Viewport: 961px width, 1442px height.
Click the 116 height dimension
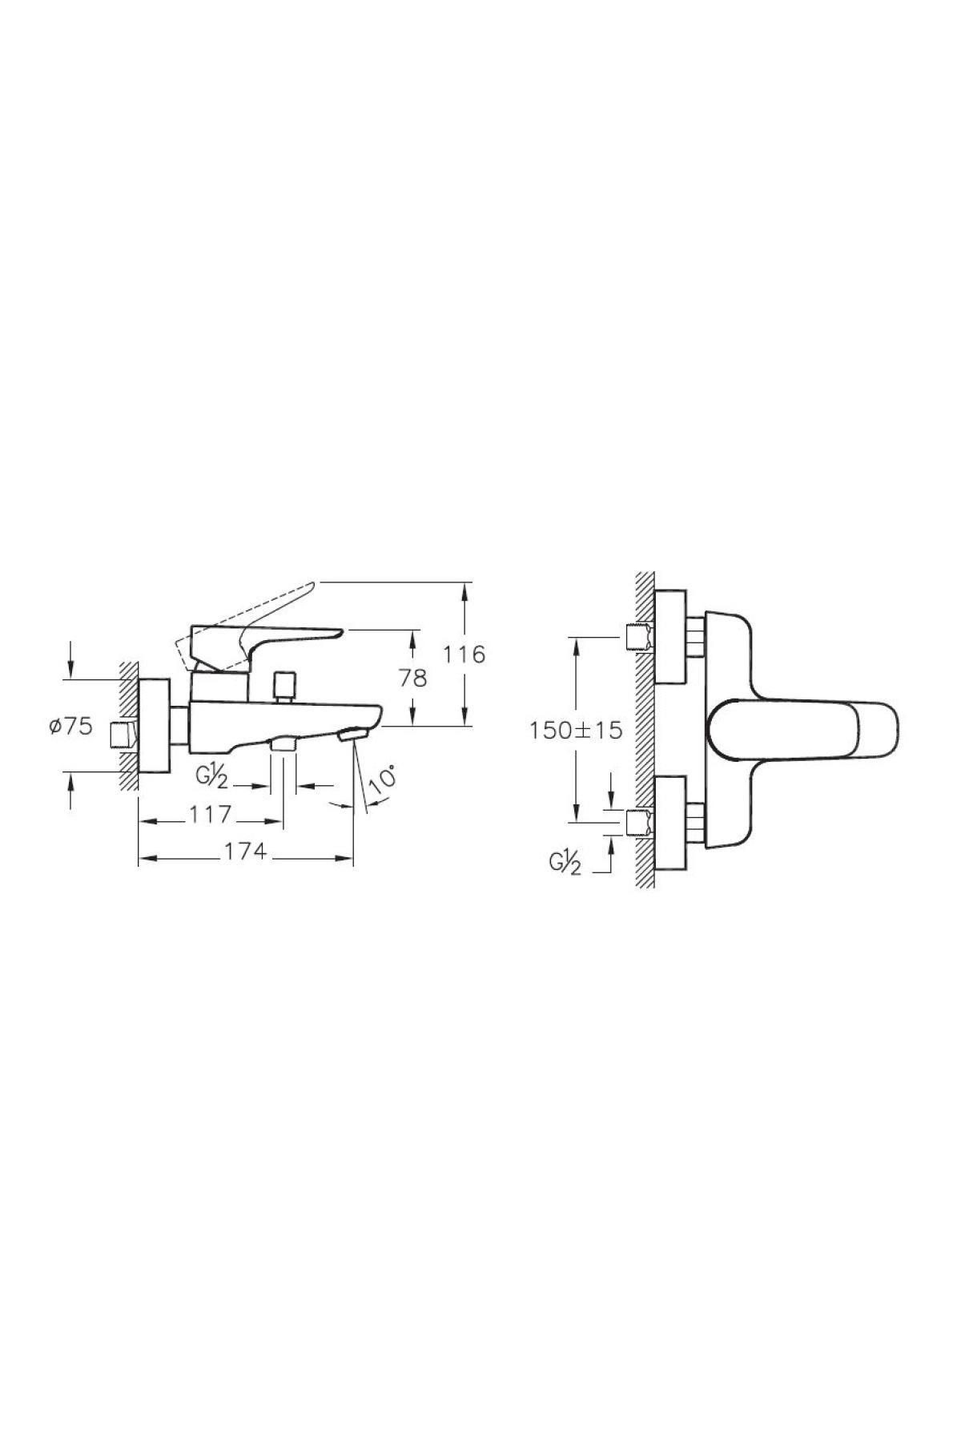click(x=466, y=654)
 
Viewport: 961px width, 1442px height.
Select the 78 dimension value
click(x=413, y=677)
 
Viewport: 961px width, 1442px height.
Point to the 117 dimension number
click(x=211, y=814)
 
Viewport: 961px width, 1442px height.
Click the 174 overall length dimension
click(x=245, y=852)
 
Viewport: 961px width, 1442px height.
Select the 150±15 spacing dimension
click(x=575, y=730)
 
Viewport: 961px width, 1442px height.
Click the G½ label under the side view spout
click(x=211, y=778)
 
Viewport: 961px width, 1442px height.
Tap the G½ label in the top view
click(x=565, y=863)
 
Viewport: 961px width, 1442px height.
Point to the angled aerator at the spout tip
click(x=351, y=735)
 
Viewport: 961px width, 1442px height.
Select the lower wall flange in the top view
click(x=671, y=822)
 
